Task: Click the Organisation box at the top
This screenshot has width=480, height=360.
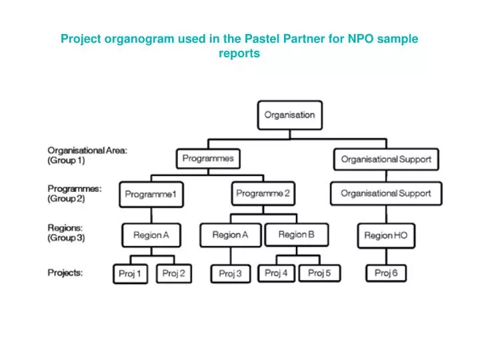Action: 289,115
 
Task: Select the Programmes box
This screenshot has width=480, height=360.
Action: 209,159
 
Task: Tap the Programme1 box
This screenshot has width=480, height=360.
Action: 151,194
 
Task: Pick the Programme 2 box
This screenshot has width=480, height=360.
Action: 263,193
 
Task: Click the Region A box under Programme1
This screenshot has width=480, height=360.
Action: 151,235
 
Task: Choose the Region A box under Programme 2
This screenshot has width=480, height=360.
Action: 230,235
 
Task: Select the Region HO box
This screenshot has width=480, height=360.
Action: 385,235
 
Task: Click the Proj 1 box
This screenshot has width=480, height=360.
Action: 130,273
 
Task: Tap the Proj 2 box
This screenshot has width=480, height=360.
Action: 173,273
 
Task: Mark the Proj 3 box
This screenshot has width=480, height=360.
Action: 230,273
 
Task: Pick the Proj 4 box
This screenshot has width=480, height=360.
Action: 277,273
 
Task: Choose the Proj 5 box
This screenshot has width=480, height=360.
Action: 319,273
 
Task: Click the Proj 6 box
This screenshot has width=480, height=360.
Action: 385,273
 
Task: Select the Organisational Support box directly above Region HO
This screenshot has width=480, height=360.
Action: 385,193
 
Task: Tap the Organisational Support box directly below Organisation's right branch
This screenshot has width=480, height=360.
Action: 386,159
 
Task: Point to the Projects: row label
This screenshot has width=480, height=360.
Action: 65,273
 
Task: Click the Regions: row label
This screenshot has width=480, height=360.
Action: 66,233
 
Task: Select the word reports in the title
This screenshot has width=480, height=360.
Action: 239,53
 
